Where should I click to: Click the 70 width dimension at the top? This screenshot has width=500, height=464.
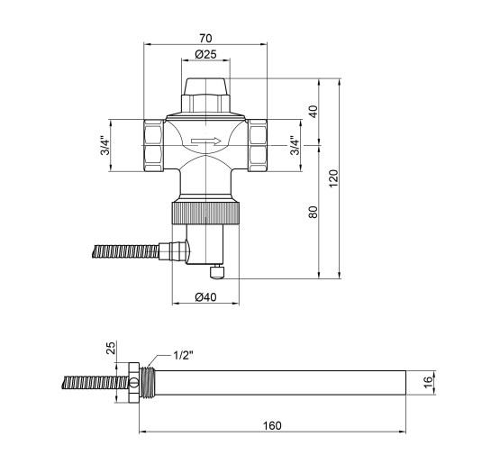coord(206,39)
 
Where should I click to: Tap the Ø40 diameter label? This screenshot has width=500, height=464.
coord(206,297)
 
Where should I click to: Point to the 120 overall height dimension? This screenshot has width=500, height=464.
coord(333,178)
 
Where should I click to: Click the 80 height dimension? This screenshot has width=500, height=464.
coord(313,213)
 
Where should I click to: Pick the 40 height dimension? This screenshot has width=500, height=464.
coord(313,112)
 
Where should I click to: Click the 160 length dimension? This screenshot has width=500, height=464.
coord(272,426)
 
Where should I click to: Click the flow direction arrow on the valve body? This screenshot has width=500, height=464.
coord(206,141)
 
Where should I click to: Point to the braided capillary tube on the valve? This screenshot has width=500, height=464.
coord(117,250)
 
